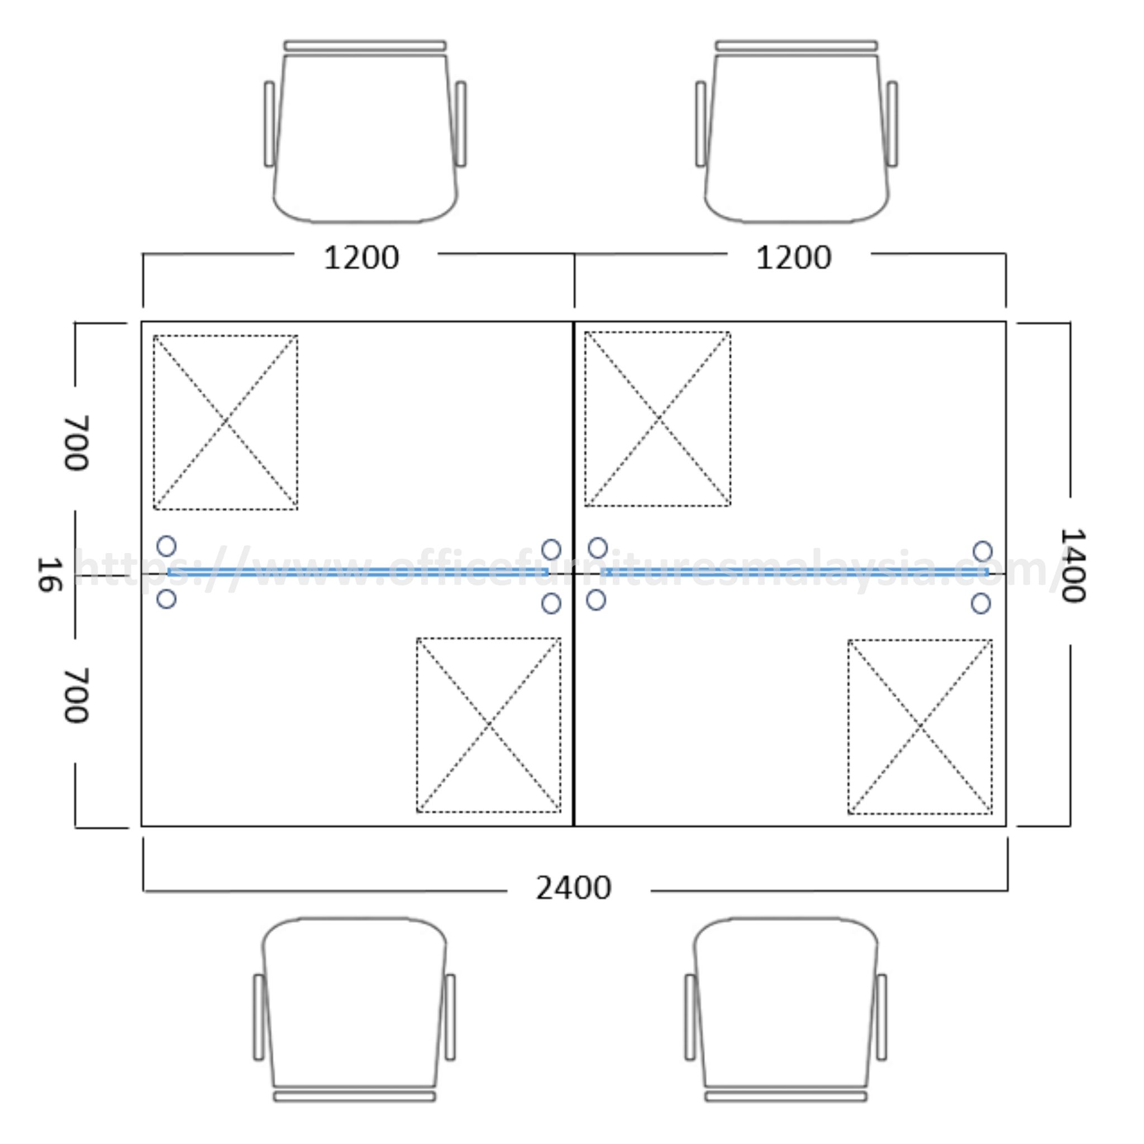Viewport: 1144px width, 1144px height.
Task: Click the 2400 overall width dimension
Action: pos(573,888)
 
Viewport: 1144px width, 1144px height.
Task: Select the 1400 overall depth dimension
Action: pos(1072,565)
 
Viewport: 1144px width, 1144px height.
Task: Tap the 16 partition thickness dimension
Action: pos(50,574)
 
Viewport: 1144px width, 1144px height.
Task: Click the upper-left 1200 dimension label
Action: pos(361,258)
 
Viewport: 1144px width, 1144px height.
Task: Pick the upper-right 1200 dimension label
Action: pos(793,258)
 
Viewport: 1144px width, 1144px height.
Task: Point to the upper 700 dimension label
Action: pos(77,443)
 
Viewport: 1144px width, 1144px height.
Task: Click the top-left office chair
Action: pos(365,131)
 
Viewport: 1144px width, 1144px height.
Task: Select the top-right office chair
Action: pos(797,131)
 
